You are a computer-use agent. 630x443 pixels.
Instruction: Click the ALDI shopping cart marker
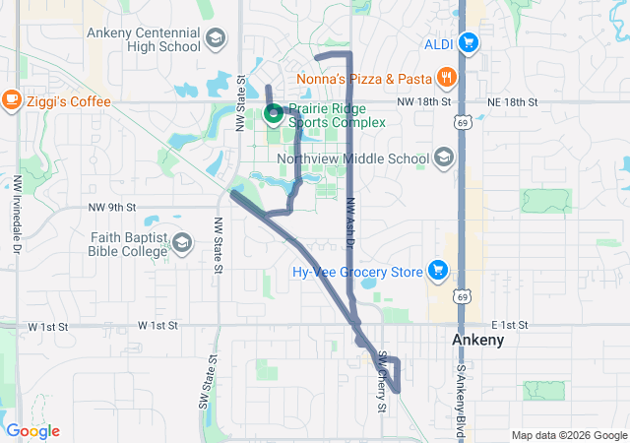tap(469, 42)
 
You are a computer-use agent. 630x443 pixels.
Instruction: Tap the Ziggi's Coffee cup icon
tap(12, 98)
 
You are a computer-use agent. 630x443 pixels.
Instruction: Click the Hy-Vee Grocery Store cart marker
tap(438, 271)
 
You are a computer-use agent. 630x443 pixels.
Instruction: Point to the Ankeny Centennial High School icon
tap(214, 39)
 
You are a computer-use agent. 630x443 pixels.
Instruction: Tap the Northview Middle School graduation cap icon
tap(444, 158)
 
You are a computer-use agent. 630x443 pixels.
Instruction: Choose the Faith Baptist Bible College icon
tap(182, 242)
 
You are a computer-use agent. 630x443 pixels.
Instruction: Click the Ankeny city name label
tap(477, 340)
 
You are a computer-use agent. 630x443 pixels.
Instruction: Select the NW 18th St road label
tap(424, 101)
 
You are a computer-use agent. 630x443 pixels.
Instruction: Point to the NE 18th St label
tap(512, 101)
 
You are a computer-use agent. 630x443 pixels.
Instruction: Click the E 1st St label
tap(510, 325)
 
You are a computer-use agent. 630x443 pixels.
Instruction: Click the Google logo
tap(32, 431)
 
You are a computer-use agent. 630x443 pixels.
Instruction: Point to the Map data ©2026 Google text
tap(568, 435)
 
